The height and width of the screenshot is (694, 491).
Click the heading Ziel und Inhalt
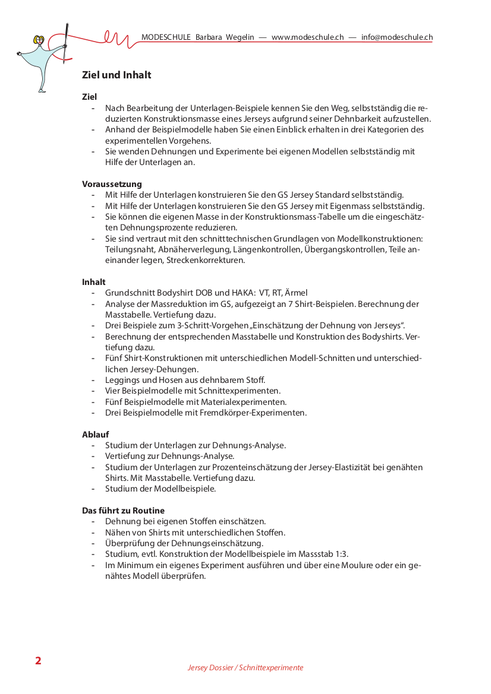117,75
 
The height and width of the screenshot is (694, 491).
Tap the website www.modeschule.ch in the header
307,37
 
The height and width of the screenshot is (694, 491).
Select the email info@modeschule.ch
396,37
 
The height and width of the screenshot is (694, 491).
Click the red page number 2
38,661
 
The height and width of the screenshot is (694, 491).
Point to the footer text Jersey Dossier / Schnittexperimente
245,668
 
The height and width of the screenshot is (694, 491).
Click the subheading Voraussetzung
112,184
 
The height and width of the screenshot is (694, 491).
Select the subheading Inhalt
94,282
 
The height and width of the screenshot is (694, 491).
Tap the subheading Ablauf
95,435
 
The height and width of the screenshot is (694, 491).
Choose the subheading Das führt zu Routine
123,511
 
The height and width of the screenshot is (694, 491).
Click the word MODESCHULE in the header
166,37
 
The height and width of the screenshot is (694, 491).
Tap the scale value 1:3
341,554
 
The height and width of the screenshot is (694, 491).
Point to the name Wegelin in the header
240,37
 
